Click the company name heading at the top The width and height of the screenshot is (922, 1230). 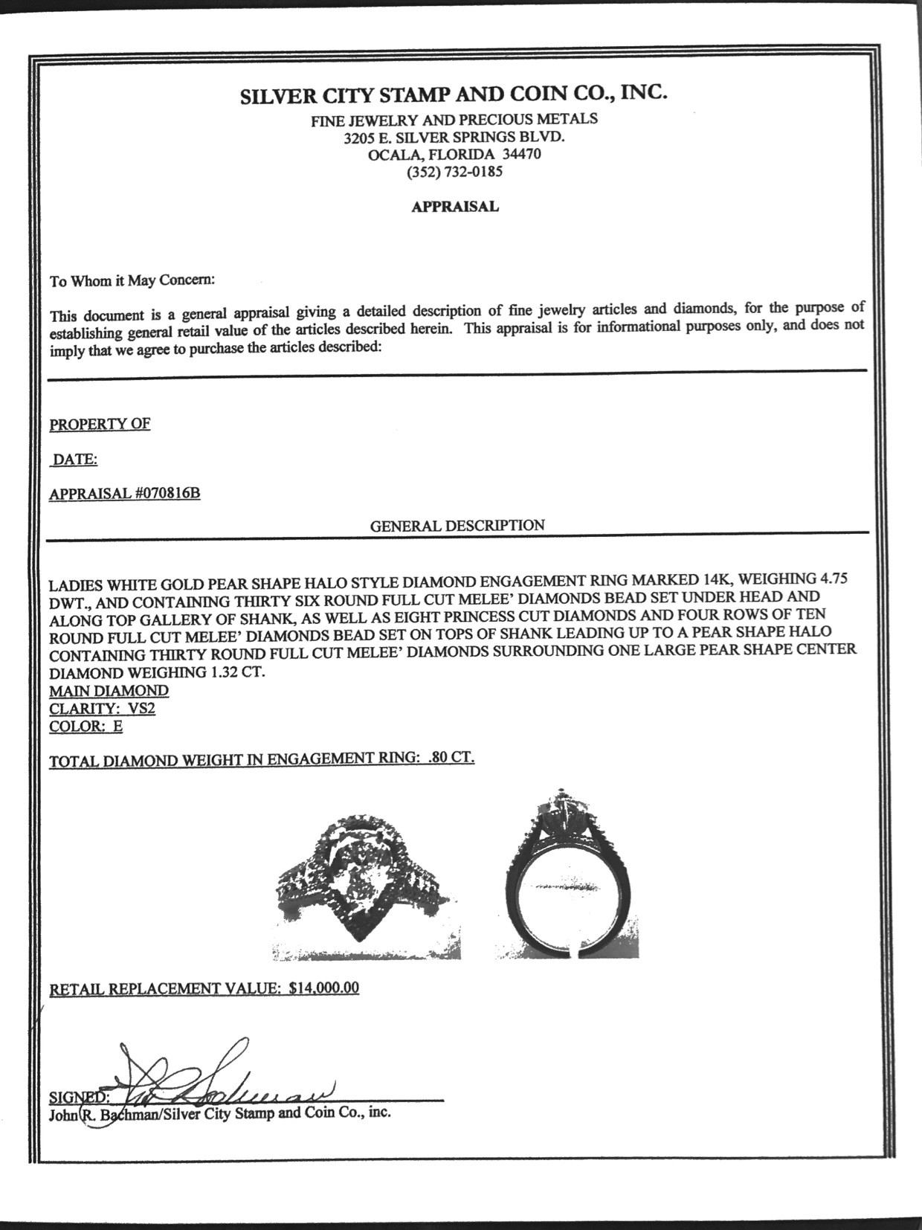pos(454,95)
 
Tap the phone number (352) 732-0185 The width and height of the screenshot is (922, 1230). pos(454,173)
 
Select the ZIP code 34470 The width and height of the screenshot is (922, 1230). pos(522,155)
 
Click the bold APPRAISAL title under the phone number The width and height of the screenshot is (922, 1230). pos(455,207)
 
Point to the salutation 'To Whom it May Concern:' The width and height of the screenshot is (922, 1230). pos(132,281)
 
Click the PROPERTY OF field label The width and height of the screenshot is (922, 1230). pos(100,425)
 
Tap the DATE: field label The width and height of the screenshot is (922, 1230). pos(74,460)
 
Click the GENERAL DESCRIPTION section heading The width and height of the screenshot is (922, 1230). pos(457,526)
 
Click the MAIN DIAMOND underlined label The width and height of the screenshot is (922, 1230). pos(109,691)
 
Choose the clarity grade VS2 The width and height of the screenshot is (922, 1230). pos(141,709)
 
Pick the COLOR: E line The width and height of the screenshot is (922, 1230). pos(86,727)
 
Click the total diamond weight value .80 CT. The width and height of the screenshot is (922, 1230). pos(451,758)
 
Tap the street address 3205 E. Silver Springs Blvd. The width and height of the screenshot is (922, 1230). pos(454,137)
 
